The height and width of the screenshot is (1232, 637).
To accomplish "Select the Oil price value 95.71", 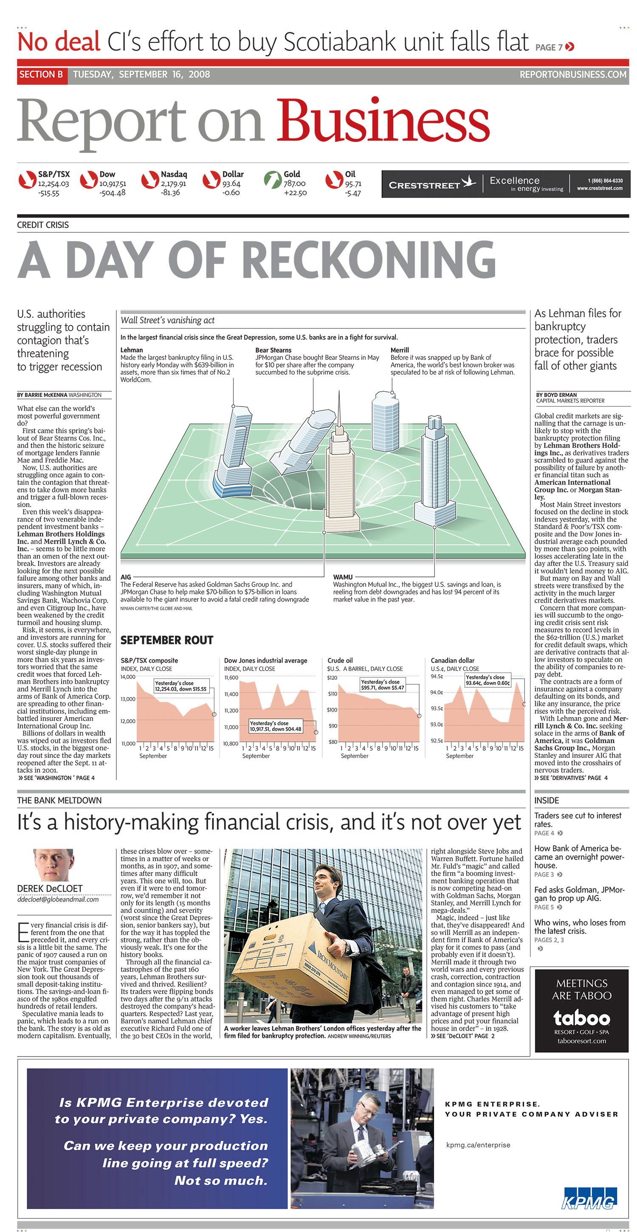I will tap(353, 184).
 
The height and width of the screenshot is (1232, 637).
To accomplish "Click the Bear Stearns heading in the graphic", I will tap(273, 350).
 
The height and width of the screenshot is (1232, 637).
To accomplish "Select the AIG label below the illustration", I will tap(126, 577).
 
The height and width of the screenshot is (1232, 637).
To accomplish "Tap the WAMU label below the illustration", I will tap(342, 577).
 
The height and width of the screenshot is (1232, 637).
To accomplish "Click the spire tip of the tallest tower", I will tap(340, 392).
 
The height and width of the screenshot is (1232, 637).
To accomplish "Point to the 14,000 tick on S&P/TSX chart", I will tap(128, 677).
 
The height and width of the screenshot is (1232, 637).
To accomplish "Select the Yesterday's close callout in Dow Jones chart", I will tap(276, 726).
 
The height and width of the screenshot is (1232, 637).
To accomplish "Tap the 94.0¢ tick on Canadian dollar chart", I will tap(436, 692).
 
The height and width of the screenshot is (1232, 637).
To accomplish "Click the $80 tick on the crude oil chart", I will tap(333, 742).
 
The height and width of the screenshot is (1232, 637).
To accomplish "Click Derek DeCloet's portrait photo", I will tap(53, 865).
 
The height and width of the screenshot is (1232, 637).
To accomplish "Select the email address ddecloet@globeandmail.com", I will tap(58, 900).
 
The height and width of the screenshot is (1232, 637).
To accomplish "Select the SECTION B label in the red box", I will tap(41, 75).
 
